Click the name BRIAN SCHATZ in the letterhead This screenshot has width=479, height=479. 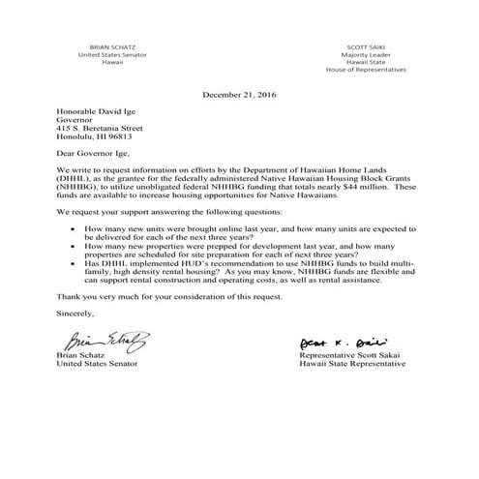coord(108,46)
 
